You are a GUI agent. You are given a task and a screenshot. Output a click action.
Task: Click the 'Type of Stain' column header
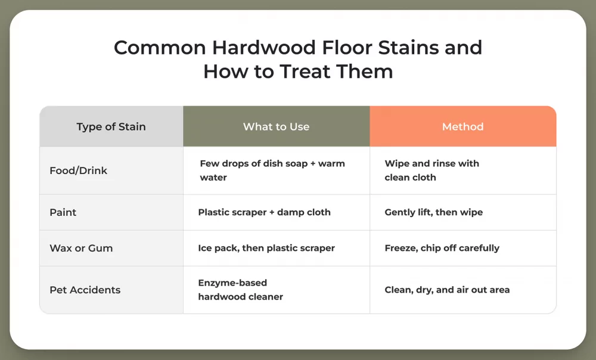click(111, 126)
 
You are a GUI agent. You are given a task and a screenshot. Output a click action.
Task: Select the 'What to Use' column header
click(276, 126)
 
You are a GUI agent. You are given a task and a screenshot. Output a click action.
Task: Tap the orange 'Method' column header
click(462, 126)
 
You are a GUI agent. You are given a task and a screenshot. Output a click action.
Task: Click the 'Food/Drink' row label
click(78, 170)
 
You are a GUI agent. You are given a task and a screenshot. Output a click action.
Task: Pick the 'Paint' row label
click(63, 212)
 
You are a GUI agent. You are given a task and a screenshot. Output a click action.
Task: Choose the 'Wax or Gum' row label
click(81, 248)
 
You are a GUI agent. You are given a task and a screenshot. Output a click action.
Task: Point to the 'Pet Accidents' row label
click(85, 290)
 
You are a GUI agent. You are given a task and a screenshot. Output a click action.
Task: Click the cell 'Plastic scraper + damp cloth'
click(264, 212)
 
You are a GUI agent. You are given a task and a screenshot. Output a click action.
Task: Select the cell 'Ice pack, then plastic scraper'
click(266, 248)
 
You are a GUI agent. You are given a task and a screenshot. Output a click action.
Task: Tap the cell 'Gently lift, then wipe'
click(433, 212)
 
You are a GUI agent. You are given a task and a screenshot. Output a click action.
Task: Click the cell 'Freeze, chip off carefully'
click(442, 248)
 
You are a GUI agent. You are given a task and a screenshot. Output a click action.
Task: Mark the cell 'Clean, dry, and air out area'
click(447, 290)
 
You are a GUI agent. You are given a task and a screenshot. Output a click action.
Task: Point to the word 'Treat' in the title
click(304, 72)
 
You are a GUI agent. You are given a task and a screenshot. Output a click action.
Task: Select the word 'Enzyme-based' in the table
click(232, 283)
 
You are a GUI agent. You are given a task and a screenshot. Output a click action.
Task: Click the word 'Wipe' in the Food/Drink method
click(397, 163)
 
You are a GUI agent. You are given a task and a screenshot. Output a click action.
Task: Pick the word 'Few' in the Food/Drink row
click(210, 163)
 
